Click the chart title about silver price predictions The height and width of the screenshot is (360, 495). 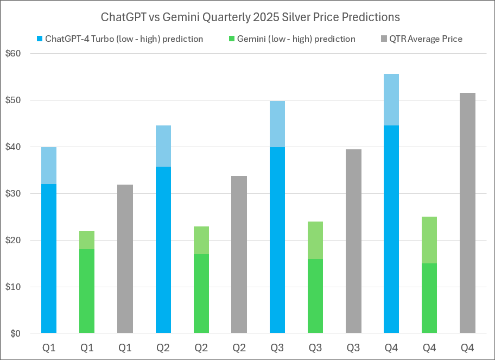tap(250, 17)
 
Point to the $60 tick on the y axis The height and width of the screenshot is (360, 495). tap(20, 54)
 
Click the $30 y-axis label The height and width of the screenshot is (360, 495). tap(20, 193)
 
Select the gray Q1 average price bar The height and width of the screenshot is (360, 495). tap(125, 258)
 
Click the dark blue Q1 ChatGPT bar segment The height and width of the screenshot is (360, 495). tap(49, 258)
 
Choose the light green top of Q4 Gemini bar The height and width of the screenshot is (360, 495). tap(429, 240)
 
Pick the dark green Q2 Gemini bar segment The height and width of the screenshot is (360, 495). tap(201, 293)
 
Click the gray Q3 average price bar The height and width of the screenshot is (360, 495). tap(353, 241)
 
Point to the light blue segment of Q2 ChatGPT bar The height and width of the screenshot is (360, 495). tap(163, 146)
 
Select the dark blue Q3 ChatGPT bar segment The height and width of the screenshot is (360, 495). tap(277, 240)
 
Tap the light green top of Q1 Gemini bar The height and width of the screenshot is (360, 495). tap(87, 239)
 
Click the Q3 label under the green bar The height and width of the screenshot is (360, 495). tap(315, 347)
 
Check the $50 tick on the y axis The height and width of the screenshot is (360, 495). tap(20, 100)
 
